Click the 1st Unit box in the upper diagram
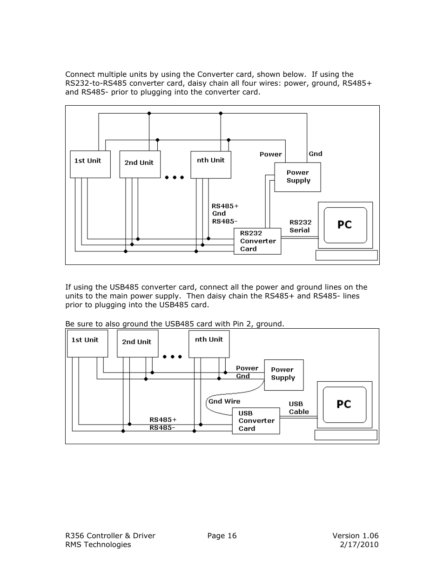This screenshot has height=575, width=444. coord(90,164)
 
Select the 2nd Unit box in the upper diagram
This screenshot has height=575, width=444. coord(140,164)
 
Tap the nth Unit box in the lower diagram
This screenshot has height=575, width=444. coord(209,344)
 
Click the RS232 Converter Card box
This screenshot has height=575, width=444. coord(257,241)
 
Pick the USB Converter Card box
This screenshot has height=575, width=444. coord(256,421)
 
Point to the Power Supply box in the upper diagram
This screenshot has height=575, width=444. coord(297,177)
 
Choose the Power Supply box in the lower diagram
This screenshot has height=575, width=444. coord(283,375)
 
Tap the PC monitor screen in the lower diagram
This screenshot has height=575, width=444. coord(344,405)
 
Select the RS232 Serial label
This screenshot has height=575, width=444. coord(300,226)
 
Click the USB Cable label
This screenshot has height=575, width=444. coord(298,408)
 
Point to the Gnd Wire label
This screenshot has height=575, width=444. coord(224,401)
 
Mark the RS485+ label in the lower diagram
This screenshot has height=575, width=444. coord(163,419)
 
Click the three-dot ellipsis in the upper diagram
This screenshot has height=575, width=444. coord(175,177)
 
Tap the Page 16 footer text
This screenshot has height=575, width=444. coord(222,535)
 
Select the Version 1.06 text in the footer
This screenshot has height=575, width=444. coord(355,535)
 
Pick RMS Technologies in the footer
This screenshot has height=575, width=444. coord(98,545)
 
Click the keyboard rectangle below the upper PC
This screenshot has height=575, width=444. coord(346,255)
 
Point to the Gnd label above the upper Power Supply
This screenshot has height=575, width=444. coord(315,154)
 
